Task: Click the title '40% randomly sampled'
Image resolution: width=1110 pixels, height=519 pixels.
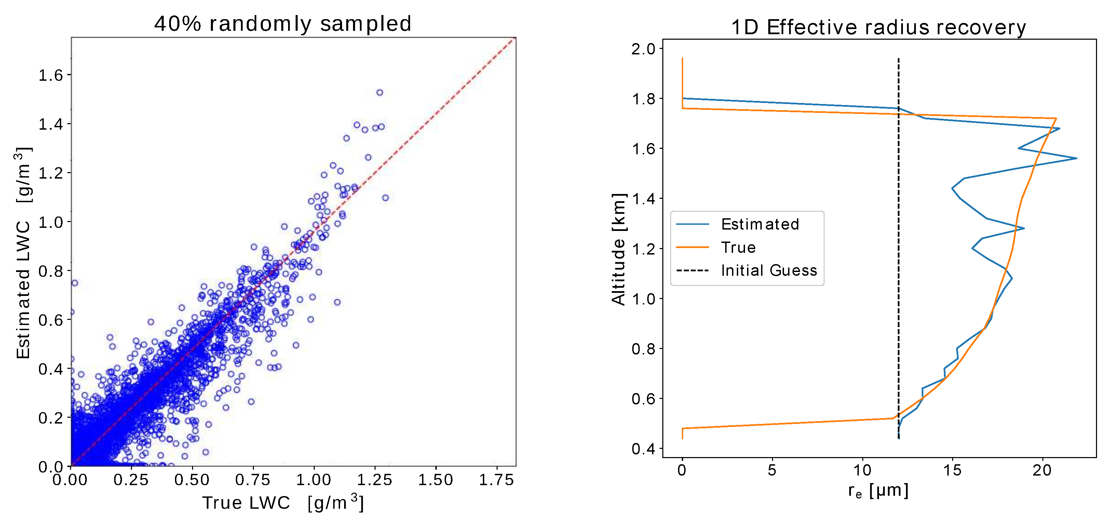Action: (283, 23)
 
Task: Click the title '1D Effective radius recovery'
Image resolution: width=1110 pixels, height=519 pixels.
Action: (879, 27)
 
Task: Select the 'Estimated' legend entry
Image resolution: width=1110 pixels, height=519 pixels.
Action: (760, 224)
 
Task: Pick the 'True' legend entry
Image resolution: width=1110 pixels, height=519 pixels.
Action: (738, 247)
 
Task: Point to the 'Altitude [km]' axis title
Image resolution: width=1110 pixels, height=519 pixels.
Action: (618, 249)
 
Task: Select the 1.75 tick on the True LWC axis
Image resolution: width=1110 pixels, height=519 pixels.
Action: (497, 480)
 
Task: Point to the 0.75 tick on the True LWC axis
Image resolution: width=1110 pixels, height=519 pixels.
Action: (253, 480)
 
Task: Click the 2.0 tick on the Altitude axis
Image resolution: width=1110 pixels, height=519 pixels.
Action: (643, 49)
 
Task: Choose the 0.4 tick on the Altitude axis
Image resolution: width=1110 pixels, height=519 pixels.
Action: (643, 449)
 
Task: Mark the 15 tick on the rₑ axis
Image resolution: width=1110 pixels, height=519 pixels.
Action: (952, 470)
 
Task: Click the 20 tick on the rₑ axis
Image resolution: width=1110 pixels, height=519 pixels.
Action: (1042, 470)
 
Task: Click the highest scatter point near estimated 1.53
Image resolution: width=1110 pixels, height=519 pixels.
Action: (380, 92)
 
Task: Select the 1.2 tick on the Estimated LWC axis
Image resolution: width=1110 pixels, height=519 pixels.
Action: (51, 173)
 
